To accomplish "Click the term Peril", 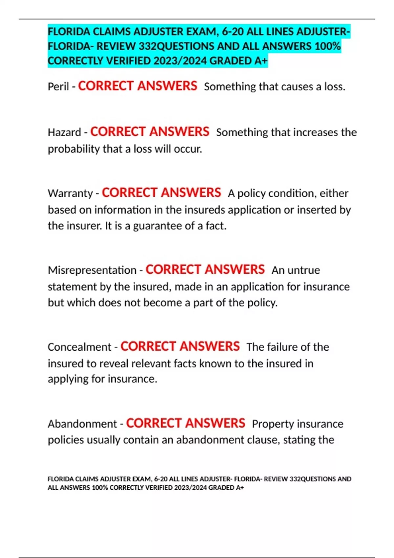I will pos(58,87).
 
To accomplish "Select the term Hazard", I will pos(64,132).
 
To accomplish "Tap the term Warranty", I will pos(70,193).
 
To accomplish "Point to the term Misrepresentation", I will pos(92,270).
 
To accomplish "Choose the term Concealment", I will pos(79,347).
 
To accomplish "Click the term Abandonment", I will pos(82,424).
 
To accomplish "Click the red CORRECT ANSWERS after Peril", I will pos(137,86).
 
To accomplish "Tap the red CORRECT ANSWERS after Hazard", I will pos(150,132).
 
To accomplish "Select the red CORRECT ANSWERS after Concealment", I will pos(180,346).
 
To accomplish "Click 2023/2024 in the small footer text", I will pos(190,488).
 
